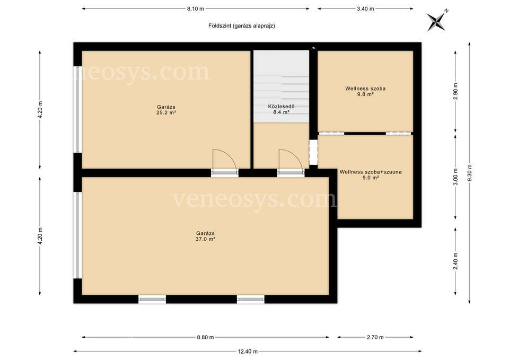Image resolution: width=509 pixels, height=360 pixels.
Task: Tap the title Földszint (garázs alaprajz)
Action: (x=242, y=25)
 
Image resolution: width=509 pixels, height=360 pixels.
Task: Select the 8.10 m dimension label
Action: (x=196, y=9)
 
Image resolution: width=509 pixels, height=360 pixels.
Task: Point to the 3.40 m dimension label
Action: (x=365, y=9)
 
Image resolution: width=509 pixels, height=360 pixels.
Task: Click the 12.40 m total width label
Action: (x=248, y=351)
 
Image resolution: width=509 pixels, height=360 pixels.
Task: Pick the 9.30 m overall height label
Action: (x=470, y=173)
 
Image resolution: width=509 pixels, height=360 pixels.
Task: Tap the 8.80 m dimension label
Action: (x=205, y=337)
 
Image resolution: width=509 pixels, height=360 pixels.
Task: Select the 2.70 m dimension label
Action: (x=375, y=337)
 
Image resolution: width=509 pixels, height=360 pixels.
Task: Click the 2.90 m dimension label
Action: (x=456, y=92)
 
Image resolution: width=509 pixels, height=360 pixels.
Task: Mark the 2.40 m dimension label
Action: (x=456, y=261)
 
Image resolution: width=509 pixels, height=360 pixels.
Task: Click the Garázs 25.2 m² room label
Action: (x=166, y=110)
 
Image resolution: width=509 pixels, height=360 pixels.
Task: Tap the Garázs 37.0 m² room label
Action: (x=205, y=236)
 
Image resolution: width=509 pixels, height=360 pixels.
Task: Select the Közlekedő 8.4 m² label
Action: (x=281, y=109)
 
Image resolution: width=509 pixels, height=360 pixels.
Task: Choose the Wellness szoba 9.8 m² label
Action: (x=365, y=91)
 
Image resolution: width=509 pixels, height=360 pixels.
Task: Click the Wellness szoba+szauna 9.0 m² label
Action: (x=371, y=174)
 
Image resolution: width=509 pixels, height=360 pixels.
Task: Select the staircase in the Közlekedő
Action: (x=281, y=86)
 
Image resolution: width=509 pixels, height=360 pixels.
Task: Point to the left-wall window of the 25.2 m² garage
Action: (x=77, y=109)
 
